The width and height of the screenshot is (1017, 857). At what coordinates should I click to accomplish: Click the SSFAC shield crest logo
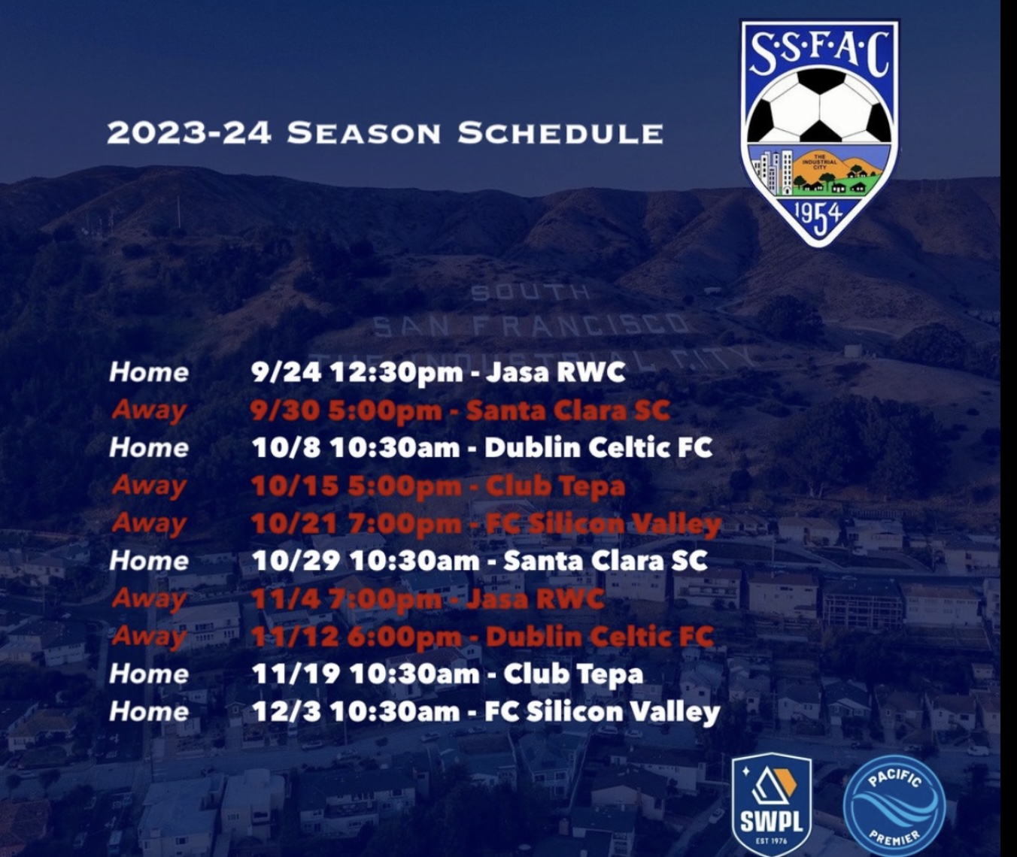click(x=820, y=132)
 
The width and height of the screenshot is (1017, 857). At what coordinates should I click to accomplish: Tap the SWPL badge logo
click(x=771, y=805)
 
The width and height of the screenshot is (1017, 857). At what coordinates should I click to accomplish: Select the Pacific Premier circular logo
click(x=894, y=807)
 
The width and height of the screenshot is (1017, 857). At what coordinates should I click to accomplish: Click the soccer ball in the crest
click(x=820, y=105)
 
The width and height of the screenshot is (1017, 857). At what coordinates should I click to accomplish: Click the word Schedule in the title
click(x=560, y=133)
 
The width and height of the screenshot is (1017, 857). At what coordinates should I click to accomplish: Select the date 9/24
click(x=286, y=373)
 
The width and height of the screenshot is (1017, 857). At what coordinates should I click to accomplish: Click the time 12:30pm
click(x=396, y=373)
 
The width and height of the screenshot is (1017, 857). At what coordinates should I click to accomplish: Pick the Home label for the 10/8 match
click(x=149, y=448)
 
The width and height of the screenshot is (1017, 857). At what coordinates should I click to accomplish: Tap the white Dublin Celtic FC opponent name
click(x=598, y=447)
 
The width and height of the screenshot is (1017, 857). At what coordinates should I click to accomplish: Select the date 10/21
click(x=293, y=524)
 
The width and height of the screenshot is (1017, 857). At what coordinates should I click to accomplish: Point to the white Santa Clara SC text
click(x=605, y=561)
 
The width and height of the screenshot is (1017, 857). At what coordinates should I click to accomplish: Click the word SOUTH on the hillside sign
click(x=530, y=292)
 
